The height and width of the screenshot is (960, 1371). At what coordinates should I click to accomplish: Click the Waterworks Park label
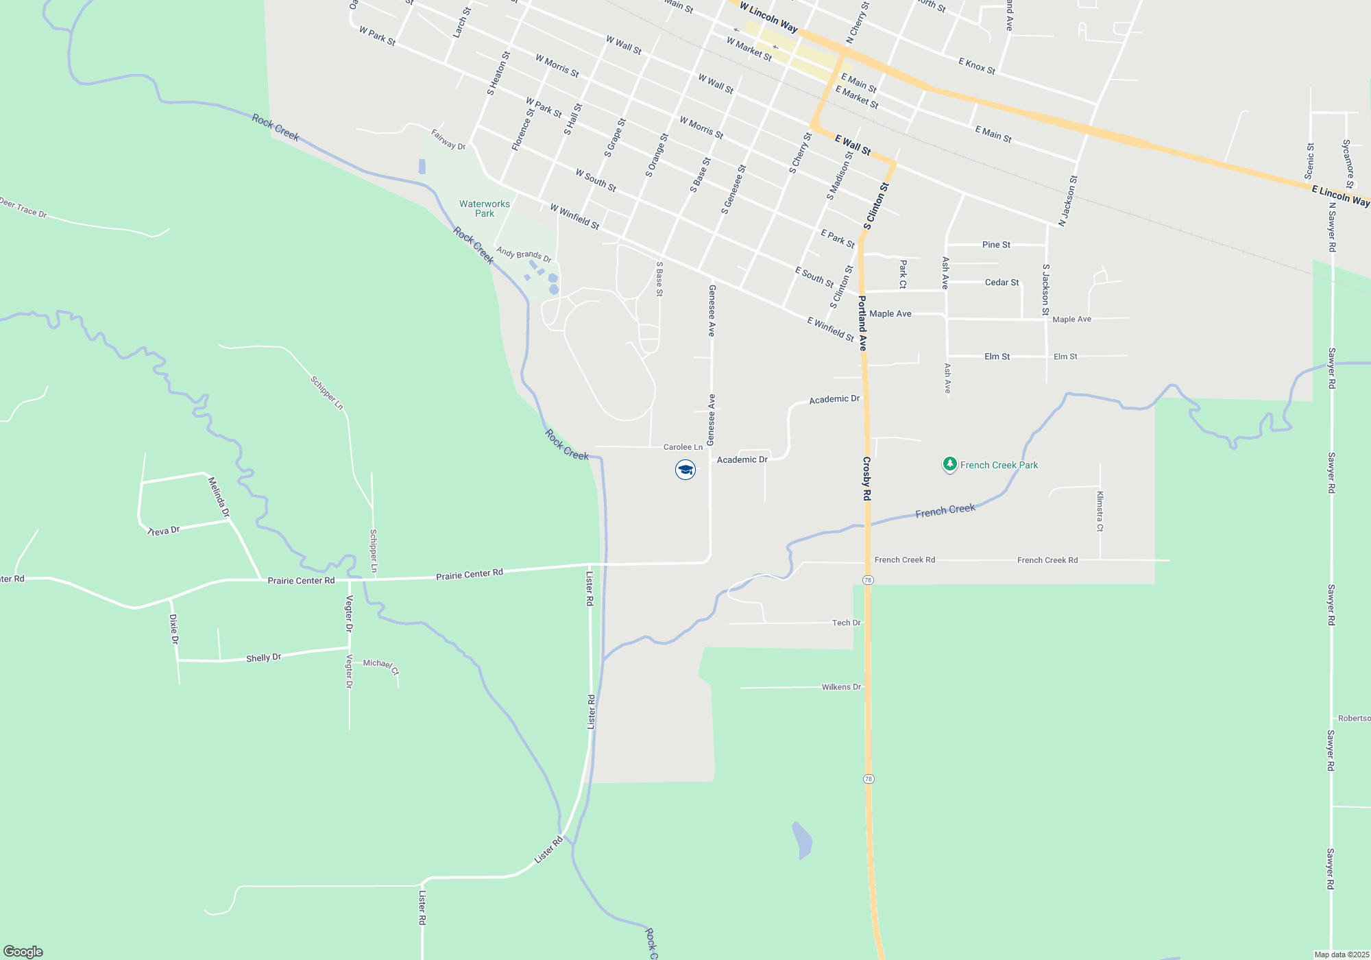pos(485,208)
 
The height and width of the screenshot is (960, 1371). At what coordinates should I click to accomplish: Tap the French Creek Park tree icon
pos(949,465)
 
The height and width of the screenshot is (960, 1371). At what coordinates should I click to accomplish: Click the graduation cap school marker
pos(685,470)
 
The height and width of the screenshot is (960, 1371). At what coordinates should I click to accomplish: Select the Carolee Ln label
pos(683,447)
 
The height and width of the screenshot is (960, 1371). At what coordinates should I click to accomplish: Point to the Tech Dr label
pos(846,623)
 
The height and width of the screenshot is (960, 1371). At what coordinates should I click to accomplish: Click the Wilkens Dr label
pos(841,686)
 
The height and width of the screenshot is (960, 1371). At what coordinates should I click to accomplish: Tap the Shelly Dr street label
pos(264,658)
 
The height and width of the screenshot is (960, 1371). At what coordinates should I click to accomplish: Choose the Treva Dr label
pos(164,531)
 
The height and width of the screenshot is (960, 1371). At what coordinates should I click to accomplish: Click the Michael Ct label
pos(380,665)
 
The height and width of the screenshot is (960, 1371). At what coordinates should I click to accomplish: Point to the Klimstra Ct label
pos(1100,511)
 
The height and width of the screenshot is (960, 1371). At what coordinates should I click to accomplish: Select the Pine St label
pos(996,245)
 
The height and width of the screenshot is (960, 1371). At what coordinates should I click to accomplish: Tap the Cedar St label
pos(1002,283)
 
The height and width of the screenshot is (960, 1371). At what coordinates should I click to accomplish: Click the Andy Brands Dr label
pos(524,254)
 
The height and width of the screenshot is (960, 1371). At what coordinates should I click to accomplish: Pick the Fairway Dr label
pos(448,139)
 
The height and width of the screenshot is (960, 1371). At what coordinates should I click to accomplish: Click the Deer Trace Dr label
pos(23,208)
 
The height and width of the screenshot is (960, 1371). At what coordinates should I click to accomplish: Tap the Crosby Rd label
pos(866,478)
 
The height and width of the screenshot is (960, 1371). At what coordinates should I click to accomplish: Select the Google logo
pos(23,951)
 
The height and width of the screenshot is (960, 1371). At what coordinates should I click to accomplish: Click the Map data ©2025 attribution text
pos(1341,955)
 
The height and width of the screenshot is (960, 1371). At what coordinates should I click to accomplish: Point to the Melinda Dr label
pos(219,496)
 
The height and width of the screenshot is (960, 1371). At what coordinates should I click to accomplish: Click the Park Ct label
pos(903,274)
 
